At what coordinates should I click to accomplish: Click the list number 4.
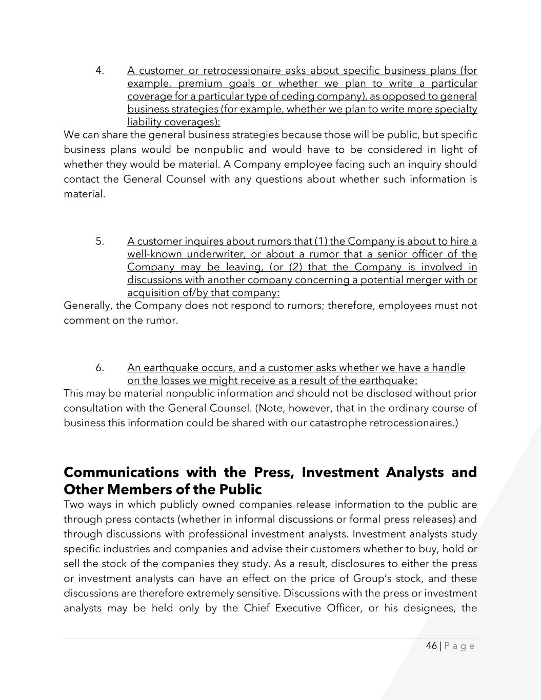(99, 71)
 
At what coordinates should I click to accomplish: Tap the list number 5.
(99, 242)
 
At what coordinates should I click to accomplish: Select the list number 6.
(99, 368)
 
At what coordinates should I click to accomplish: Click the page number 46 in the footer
(431, 646)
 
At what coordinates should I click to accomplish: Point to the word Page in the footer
(459, 646)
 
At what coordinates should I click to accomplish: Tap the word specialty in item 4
(455, 109)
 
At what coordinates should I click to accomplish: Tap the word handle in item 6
(449, 368)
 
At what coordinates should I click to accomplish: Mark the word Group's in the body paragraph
(373, 578)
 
